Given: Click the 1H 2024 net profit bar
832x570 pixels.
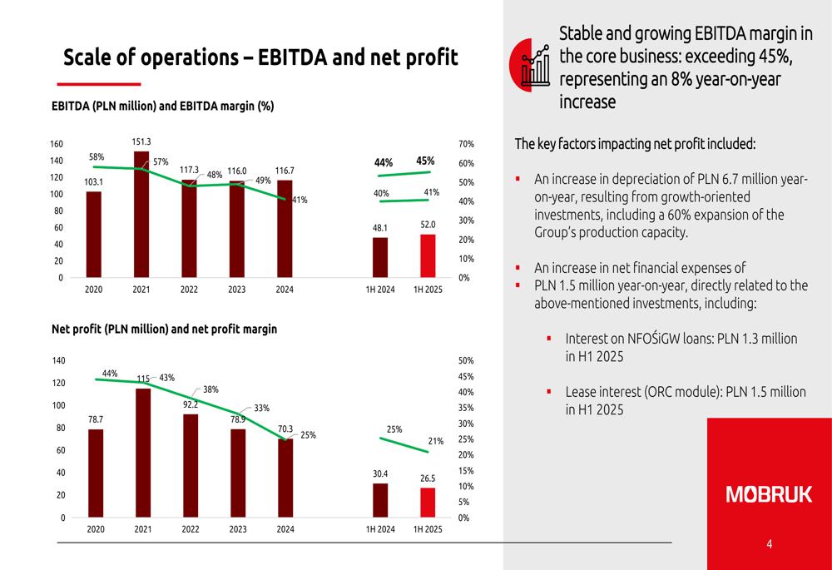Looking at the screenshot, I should click(380, 500).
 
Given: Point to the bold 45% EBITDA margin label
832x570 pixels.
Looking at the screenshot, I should click(425, 161).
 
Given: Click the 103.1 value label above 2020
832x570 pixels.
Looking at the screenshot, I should click(93, 182).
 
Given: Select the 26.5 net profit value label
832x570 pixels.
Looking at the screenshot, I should click(428, 478).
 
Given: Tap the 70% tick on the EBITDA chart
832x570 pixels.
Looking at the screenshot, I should click(466, 144).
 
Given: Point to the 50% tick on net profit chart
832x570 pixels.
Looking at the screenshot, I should click(466, 361).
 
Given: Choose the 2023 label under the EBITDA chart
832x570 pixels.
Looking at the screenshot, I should click(237, 290).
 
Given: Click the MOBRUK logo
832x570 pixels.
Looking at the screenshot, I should click(769, 494).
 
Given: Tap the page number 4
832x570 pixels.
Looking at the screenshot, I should click(769, 544).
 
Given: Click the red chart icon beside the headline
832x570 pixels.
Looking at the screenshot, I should click(530, 64).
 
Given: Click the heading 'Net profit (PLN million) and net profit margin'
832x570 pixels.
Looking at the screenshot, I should click(164, 330).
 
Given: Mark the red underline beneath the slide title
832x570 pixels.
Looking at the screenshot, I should click(99, 84).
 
